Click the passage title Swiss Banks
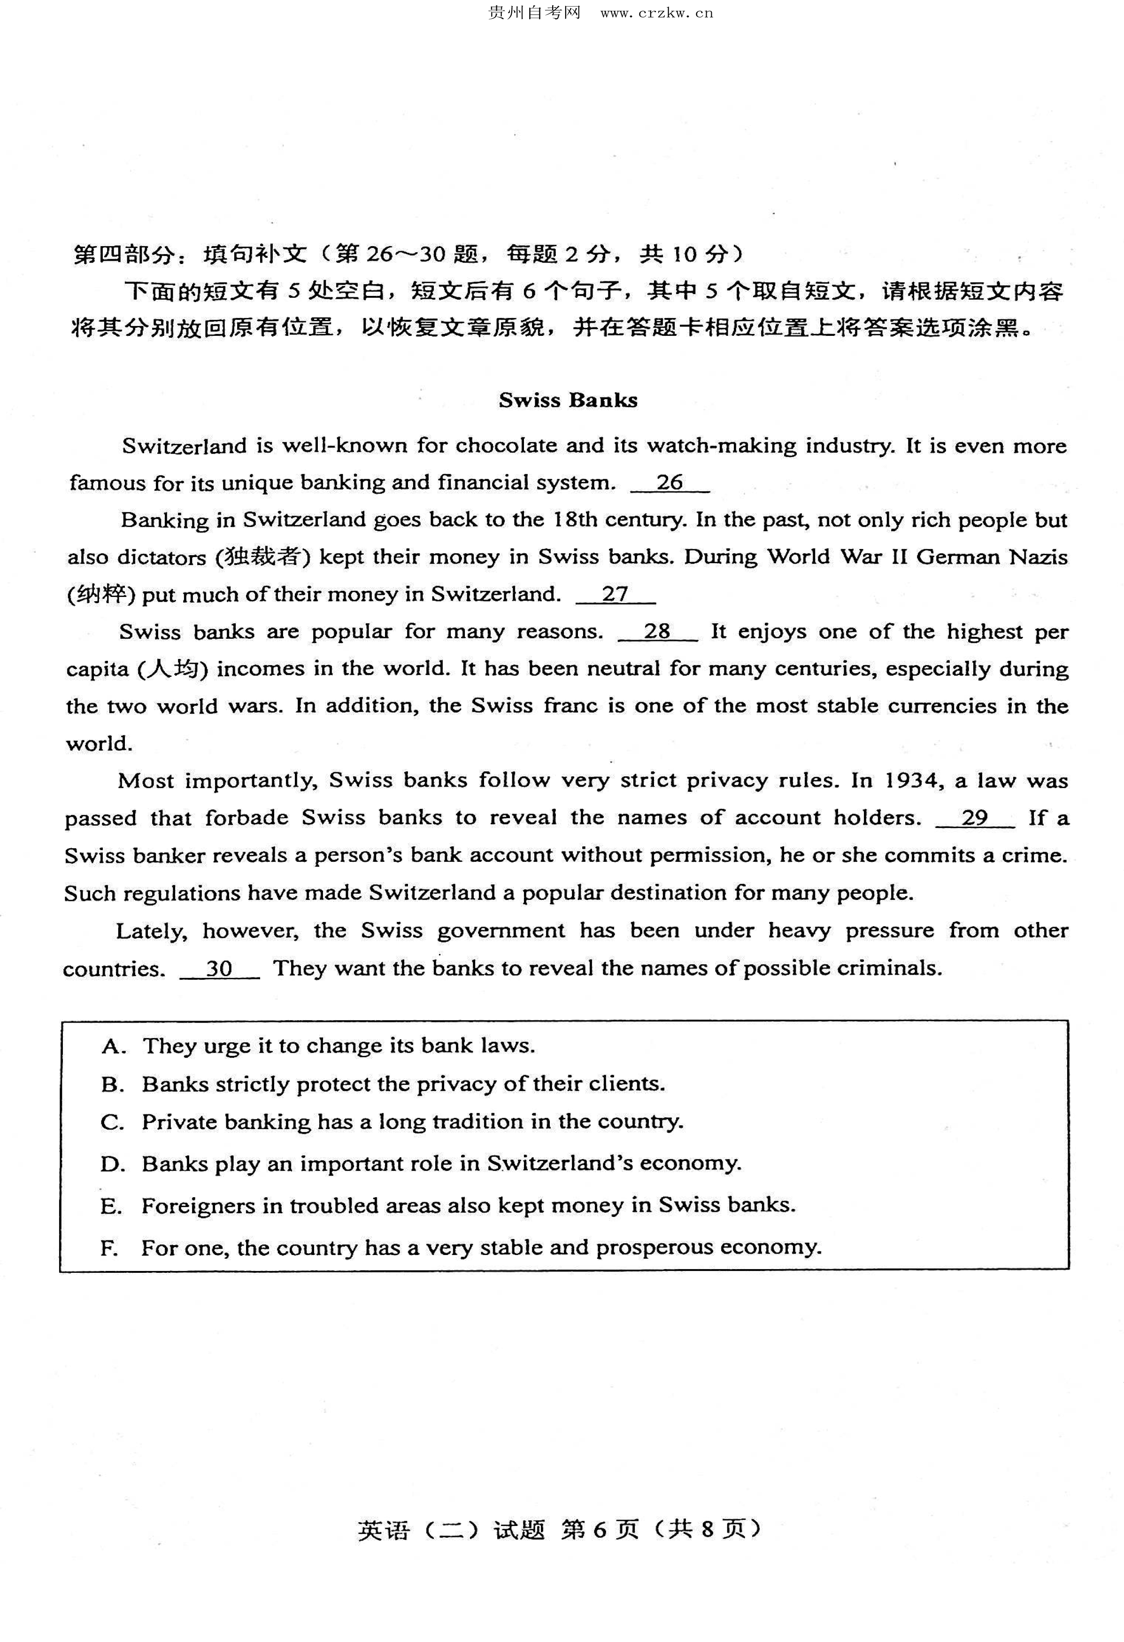(568, 400)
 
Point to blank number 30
(219, 968)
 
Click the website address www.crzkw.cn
(656, 13)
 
